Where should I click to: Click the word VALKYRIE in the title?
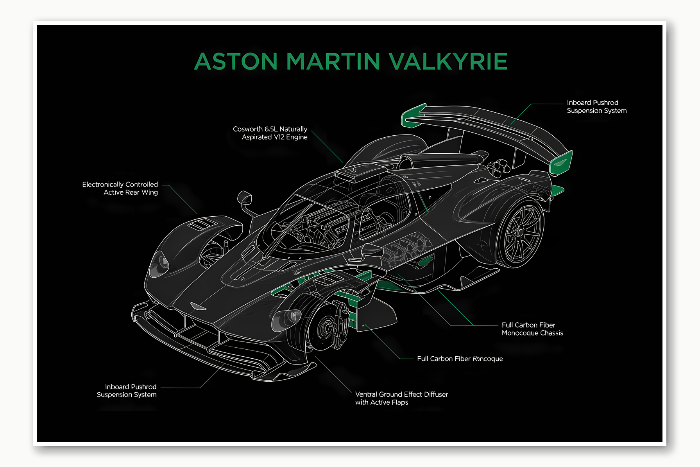pos(448,61)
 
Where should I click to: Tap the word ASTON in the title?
pos(236,61)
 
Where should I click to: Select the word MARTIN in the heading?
pos(333,61)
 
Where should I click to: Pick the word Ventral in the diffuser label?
pos(366,394)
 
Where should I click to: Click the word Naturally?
pos(293,129)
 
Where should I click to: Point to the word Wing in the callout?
pos(150,192)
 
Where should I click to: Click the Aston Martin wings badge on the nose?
pos(198,306)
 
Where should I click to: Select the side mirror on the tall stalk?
pos(244,198)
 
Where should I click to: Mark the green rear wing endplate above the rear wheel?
pos(561,162)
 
